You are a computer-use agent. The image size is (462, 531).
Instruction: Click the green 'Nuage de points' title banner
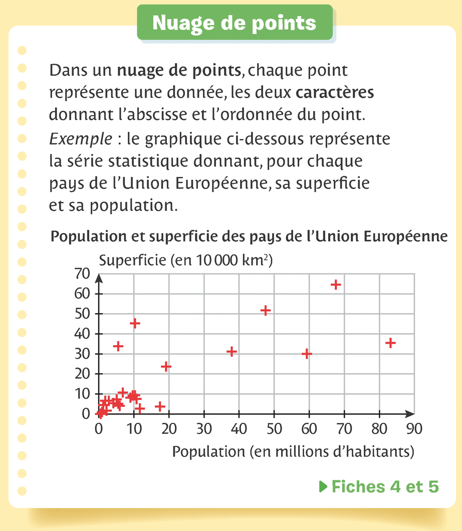tap(234, 23)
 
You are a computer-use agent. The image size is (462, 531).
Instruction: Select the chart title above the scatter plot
tap(249, 236)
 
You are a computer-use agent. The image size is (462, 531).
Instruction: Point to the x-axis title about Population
tap(293, 451)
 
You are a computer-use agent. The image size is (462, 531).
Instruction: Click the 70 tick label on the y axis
tap(82, 274)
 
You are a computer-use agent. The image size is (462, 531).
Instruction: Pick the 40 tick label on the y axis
tap(82, 334)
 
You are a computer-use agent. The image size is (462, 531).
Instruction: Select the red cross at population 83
tap(390, 343)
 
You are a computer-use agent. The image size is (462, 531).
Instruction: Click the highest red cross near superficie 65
tap(336, 285)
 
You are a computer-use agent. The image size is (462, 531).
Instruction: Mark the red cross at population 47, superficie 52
tap(266, 311)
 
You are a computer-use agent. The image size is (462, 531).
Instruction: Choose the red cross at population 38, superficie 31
tap(232, 352)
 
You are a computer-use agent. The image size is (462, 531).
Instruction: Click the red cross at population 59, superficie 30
tap(307, 354)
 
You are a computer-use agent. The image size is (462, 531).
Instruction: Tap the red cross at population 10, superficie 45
tap(134, 323)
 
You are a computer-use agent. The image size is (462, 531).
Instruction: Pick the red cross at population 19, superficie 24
tap(166, 366)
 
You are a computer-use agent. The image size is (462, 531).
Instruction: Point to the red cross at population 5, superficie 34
tap(118, 346)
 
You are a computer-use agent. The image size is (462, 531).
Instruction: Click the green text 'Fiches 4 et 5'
tap(385, 486)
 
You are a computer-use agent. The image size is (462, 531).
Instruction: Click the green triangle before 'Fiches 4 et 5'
tap(323, 486)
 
